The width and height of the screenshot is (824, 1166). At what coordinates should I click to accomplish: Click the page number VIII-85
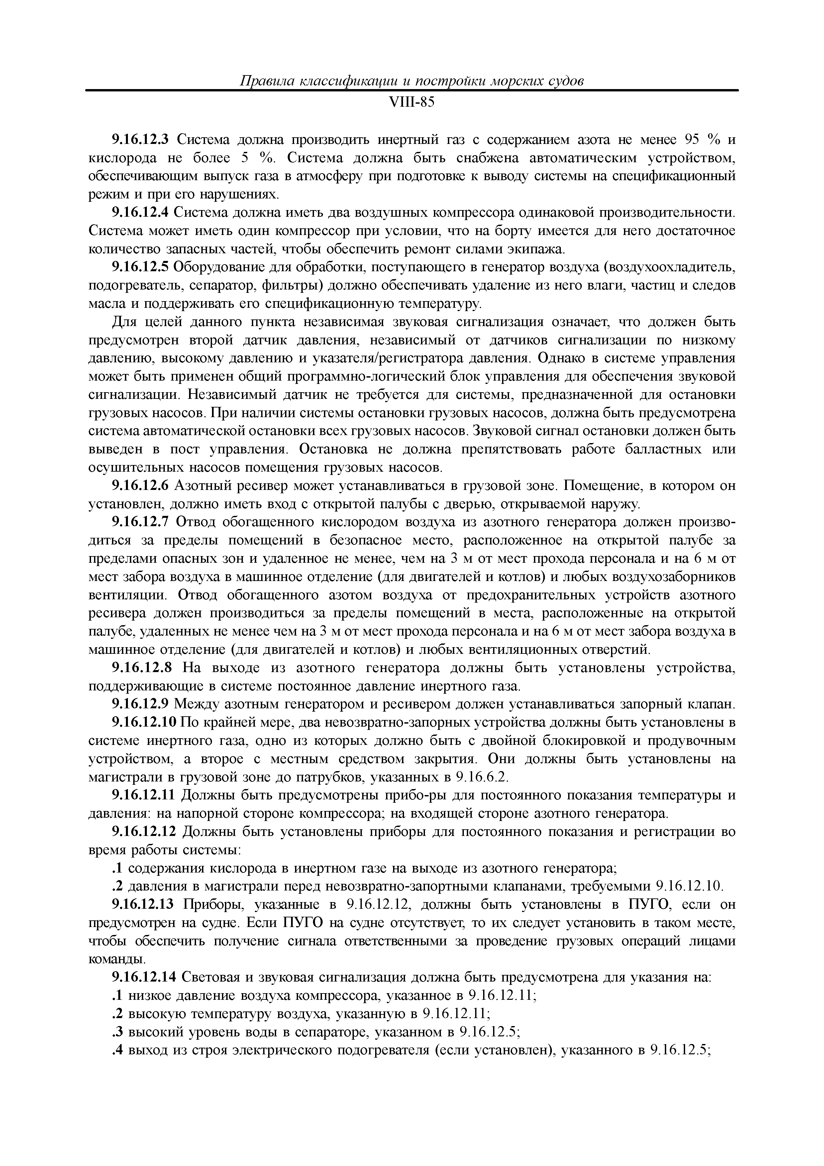point(412,103)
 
